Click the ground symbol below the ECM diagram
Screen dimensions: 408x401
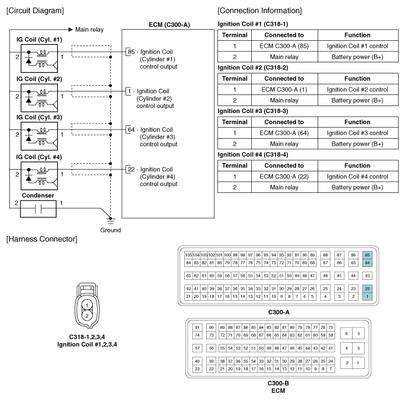pyautogui.click(x=111, y=221)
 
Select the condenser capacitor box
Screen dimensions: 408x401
pyautogui.click(x=38, y=209)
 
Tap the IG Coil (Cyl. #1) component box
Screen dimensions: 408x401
pyautogui.click(x=39, y=58)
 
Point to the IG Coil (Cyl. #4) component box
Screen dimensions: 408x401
pyautogui.click(x=39, y=175)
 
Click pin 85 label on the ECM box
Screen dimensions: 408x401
pyautogui.click(x=131, y=52)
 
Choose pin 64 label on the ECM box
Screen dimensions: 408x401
pyautogui.click(x=131, y=129)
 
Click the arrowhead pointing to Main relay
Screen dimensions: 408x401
pyautogui.click(x=71, y=29)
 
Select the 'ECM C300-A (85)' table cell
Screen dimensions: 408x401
pyautogui.click(x=284, y=46)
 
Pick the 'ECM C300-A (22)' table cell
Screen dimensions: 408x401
pyautogui.click(x=284, y=177)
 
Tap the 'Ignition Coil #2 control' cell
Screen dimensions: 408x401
pyautogui.click(x=357, y=90)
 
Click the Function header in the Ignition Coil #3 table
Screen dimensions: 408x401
pyautogui.click(x=357, y=122)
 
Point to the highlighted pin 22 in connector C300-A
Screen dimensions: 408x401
pyautogui.click(x=367, y=289)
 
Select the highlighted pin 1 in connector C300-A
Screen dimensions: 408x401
pyautogui.click(x=367, y=297)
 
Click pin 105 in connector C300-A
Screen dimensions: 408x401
pyautogui.click(x=188, y=255)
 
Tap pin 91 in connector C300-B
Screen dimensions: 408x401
pyautogui.click(x=197, y=328)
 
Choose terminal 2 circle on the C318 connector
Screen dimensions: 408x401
pyautogui.click(x=87, y=316)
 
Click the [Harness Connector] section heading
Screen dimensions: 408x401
pyautogui.click(x=42, y=239)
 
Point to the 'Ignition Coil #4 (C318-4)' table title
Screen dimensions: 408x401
pyautogui.click(x=253, y=154)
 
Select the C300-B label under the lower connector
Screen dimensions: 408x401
pyautogui.click(x=279, y=383)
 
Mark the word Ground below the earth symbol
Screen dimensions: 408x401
pyautogui.click(x=111, y=230)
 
